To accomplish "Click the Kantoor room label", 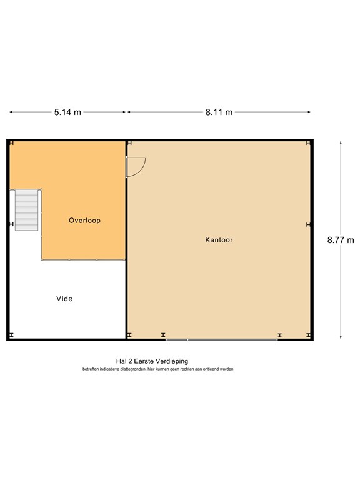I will (219, 240).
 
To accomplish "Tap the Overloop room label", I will (84, 221).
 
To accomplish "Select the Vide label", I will (64, 299).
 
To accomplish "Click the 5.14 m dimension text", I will (67, 112).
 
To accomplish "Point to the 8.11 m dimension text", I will (219, 112).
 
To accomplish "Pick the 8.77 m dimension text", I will (341, 240).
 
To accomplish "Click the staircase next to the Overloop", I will (27, 211).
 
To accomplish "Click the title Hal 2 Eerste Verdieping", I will (152, 361).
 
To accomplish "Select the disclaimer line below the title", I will (157, 369).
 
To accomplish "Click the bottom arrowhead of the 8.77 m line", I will (341, 337).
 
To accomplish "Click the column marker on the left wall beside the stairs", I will (11, 224).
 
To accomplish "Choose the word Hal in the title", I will (121, 361).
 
